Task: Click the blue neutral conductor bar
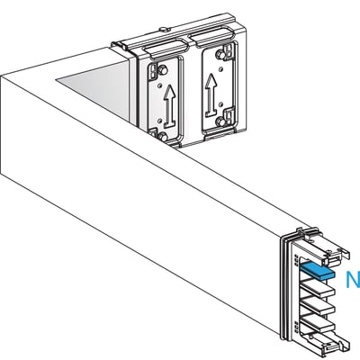pyautogui.click(x=317, y=268)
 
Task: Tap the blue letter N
pyautogui.click(x=352, y=281)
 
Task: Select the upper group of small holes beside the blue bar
pyautogui.click(x=296, y=262)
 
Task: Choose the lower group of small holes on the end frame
pyautogui.click(x=296, y=319)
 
